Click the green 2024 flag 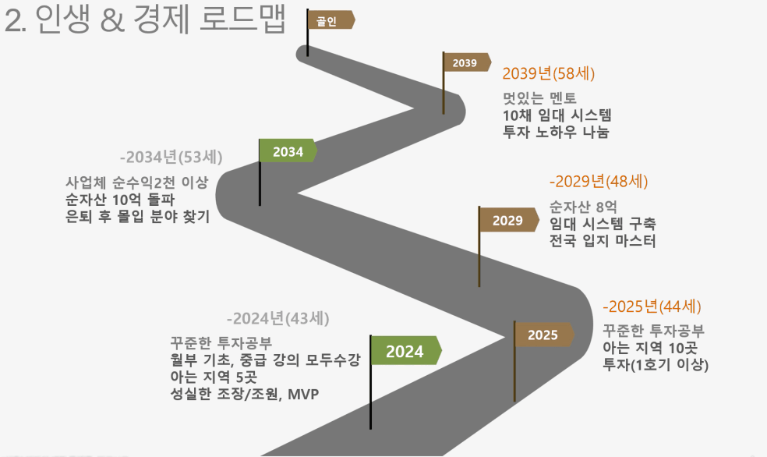coord(405,350)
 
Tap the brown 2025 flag coord(543,335)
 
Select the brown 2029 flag coord(508,220)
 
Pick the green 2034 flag coord(288,151)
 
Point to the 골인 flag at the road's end coord(330,20)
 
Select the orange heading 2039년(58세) coord(548,73)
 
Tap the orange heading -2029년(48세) coord(598,182)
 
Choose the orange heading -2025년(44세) coord(652,306)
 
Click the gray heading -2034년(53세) coord(171,157)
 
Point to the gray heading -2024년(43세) coord(277,318)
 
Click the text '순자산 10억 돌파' coord(120,199)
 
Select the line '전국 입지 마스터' coord(603,241)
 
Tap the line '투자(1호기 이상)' coord(656,365)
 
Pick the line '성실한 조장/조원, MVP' coord(245,394)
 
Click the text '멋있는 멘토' coord(539,97)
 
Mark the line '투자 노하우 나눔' coord(556,132)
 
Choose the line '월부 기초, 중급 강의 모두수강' coord(265,360)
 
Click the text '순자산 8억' coord(583,207)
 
